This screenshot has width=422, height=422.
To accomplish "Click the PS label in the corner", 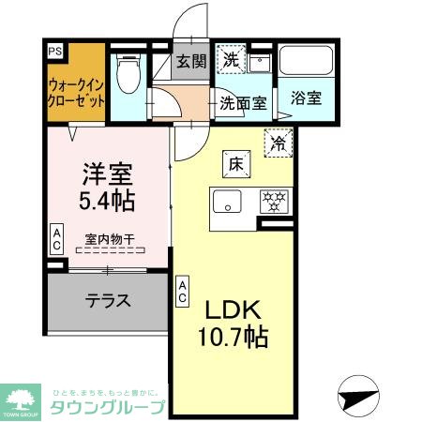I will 54,53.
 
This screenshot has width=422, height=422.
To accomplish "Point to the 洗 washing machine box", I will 230,59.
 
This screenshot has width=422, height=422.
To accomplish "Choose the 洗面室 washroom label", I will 242,102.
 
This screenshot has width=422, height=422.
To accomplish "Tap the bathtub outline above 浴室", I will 308,63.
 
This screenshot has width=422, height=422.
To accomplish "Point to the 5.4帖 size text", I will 105,200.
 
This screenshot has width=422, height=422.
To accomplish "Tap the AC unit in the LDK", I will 182,290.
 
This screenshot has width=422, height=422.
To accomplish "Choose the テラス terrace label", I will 108,301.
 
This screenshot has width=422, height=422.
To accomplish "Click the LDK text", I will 234,310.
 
